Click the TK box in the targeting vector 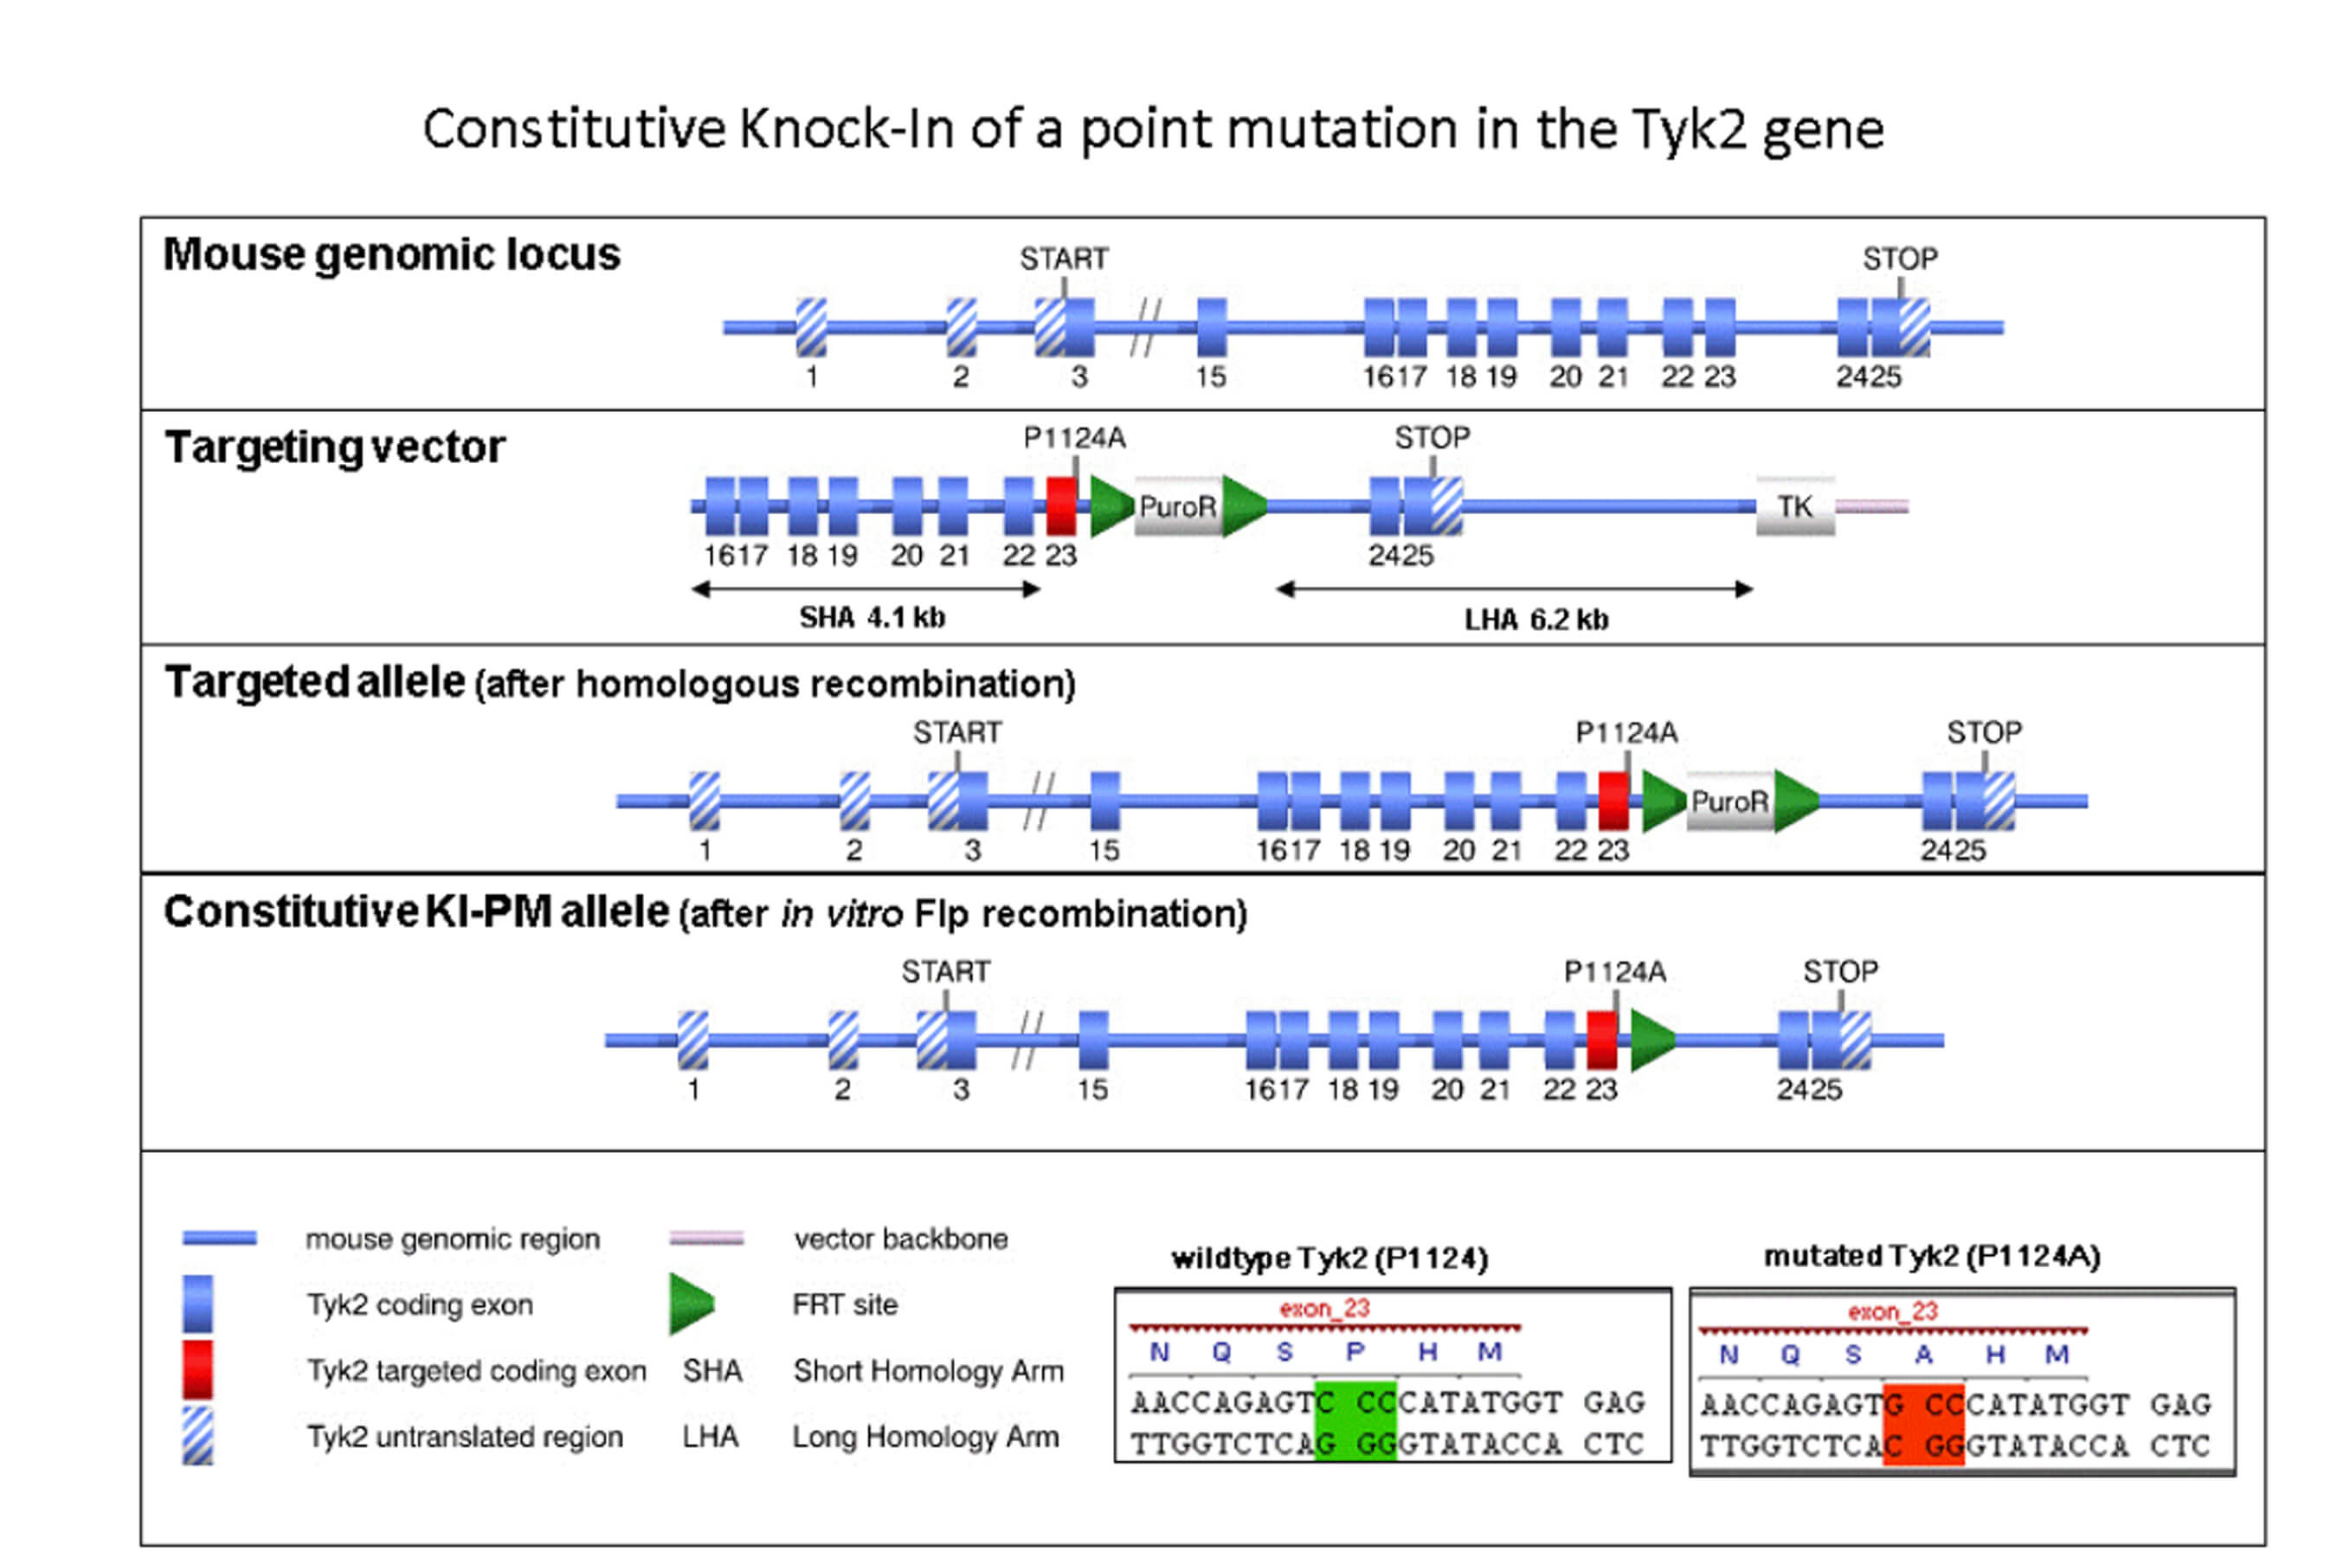(x=1794, y=506)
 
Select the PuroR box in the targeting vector (x=1177, y=506)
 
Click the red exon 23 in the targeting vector (x=1061, y=505)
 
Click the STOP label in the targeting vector (x=1432, y=437)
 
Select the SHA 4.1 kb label (x=872, y=618)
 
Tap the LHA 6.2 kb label (x=1536, y=620)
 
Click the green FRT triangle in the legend (x=691, y=1304)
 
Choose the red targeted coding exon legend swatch (x=197, y=1369)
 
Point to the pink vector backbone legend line (x=706, y=1238)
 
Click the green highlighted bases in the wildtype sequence (x=1355, y=1422)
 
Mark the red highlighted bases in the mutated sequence (x=1923, y=1425)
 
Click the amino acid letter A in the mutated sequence (x=1923, y=1355)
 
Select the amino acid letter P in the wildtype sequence (x=1355, y=1351)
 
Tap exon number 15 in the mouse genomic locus (x=1210, y=377)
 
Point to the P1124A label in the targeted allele (x=1626, y=732)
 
